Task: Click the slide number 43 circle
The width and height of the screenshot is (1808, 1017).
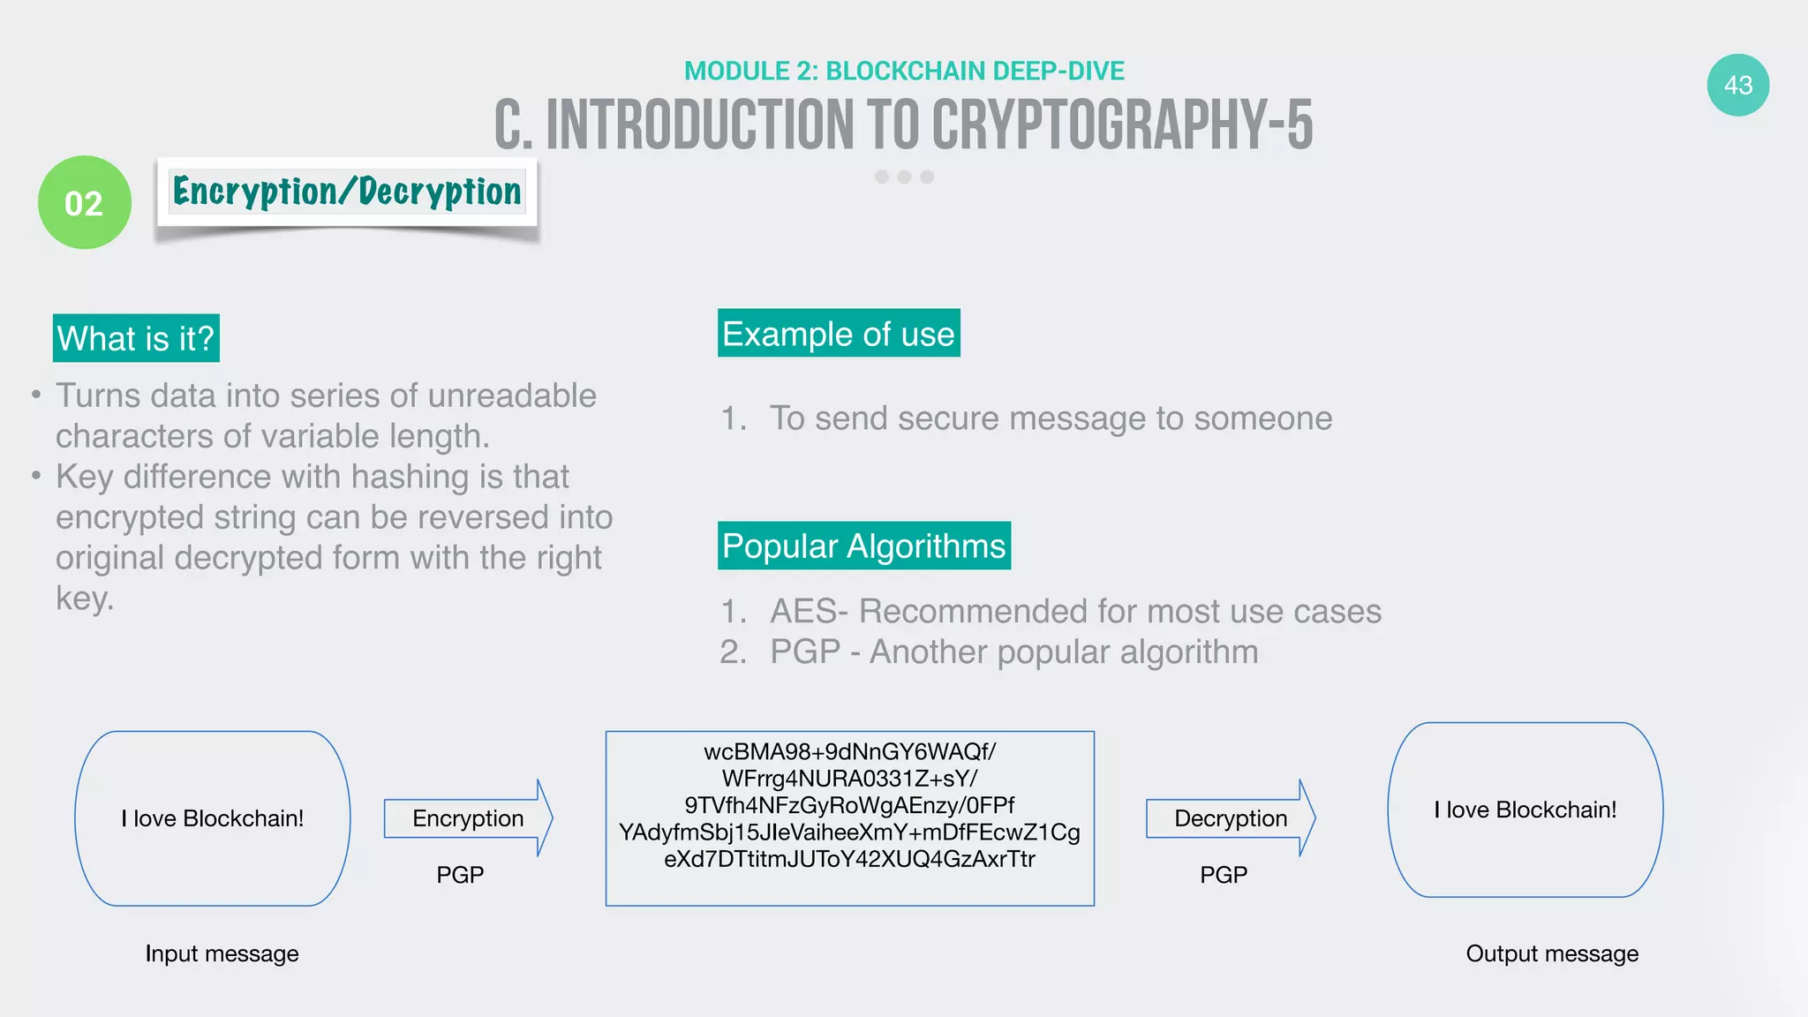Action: pos(1737,86)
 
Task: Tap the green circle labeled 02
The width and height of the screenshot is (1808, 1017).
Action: pos(85,203)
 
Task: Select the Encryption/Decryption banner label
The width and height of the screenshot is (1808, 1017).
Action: pos(347,192)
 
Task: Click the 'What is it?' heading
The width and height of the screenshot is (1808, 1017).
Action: pos(136,338)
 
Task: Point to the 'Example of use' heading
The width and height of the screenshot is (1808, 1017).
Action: pos(838,334)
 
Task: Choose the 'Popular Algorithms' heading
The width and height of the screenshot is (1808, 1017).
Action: pos(863,546)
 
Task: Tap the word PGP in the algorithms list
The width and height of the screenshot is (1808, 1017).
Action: pos(804,652)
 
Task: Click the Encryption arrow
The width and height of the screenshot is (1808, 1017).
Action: pos(468,818)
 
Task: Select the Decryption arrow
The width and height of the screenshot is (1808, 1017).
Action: pos(1230,818)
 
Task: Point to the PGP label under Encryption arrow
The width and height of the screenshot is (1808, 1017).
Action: pos(460,875)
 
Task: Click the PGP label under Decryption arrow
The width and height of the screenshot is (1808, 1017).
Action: pos(1224,875)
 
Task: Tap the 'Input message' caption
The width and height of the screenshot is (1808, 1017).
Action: pos(222,953)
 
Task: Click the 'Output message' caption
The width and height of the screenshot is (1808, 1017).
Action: pos(1552,953)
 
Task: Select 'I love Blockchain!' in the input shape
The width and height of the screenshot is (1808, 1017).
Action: pos(213,818)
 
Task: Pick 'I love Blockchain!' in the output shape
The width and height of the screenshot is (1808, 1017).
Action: pos(1525,810)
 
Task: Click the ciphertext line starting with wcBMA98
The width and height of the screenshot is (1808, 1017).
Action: pos(849,751)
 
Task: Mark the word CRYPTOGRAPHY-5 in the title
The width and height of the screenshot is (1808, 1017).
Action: pos(1122,124)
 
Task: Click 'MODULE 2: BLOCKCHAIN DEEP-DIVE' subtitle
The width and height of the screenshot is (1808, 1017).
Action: pos(904,71)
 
